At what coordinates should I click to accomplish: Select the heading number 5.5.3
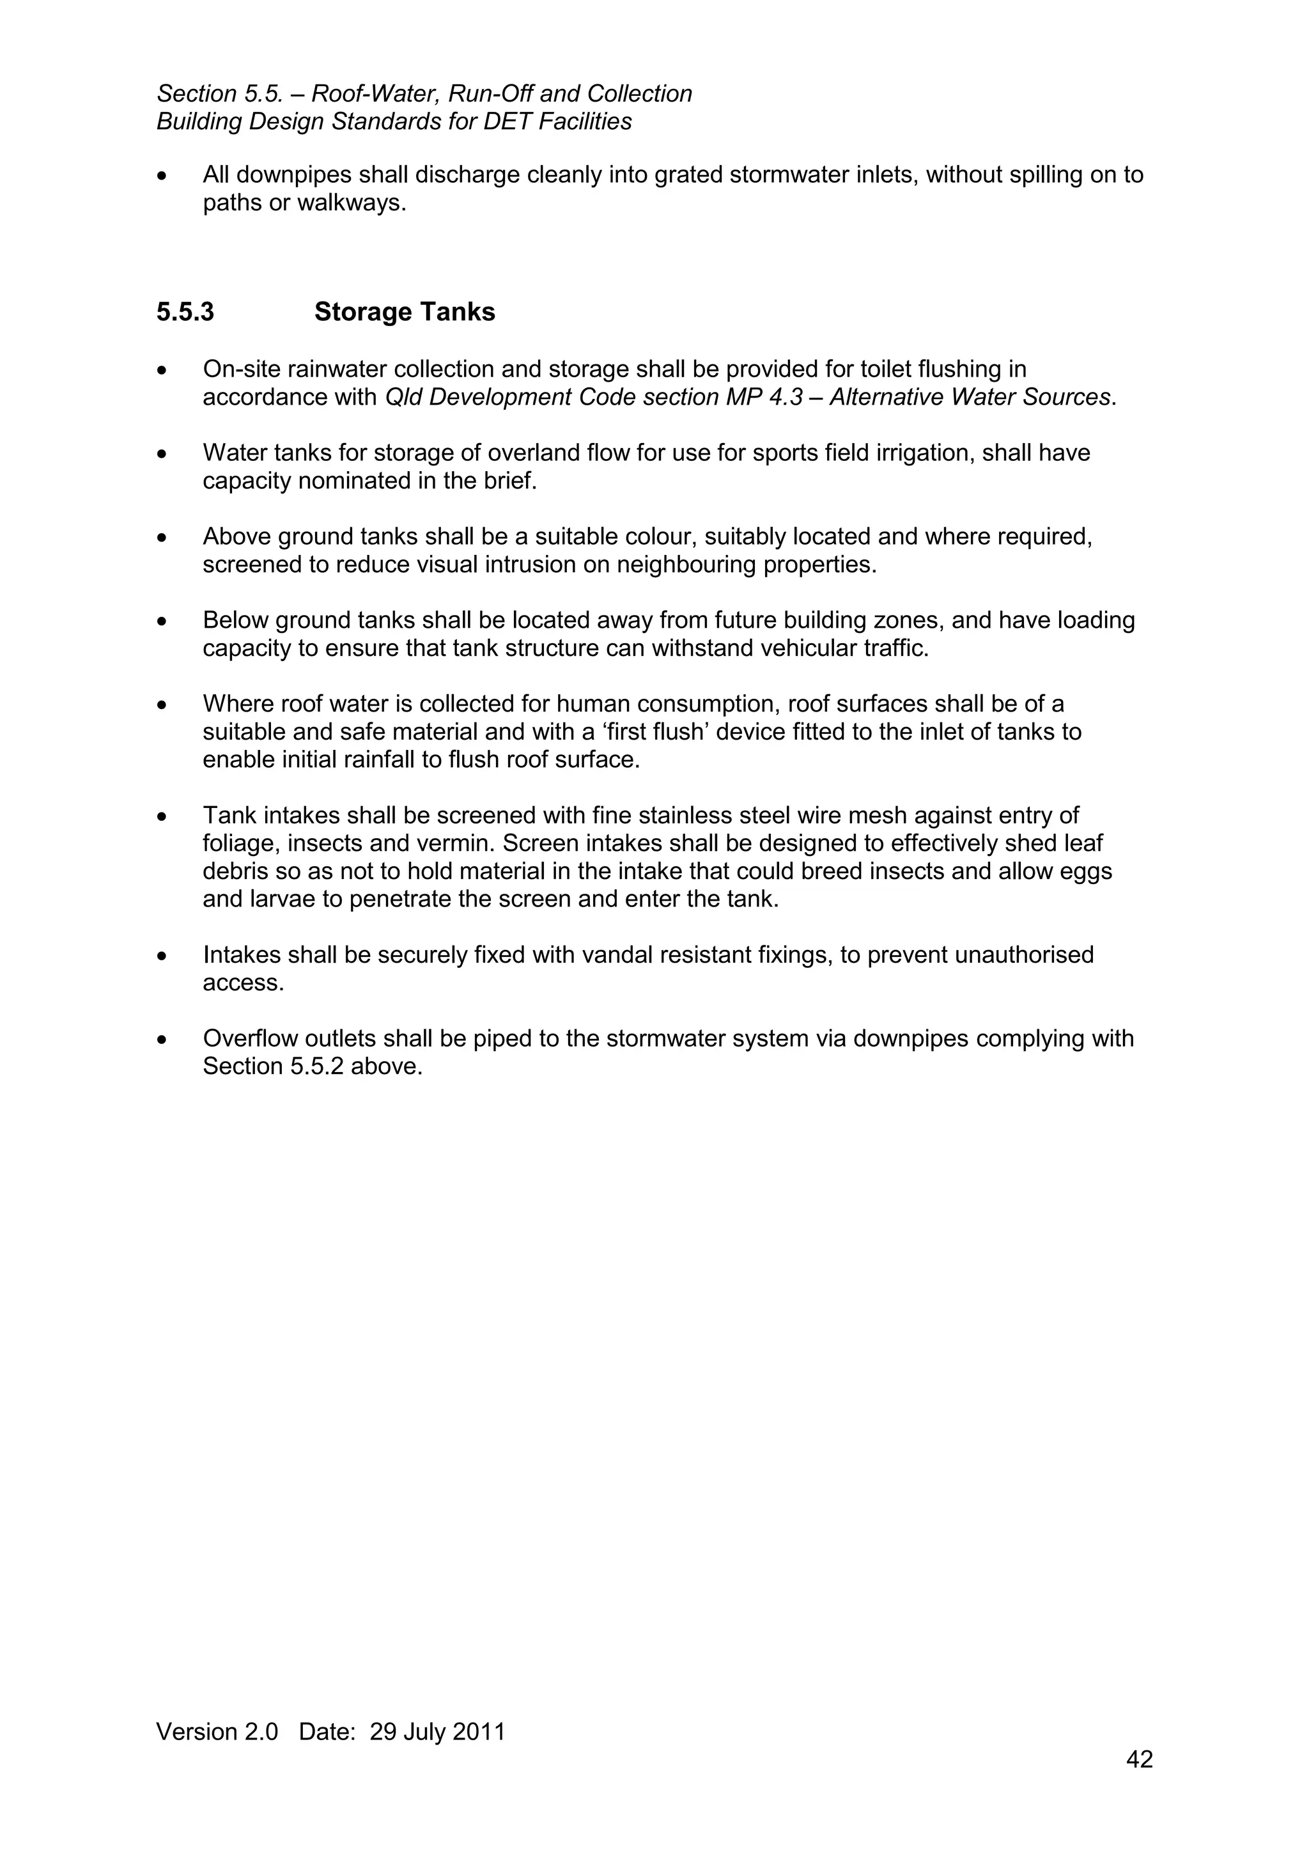(x=185, y=312)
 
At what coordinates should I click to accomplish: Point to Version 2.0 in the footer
(x=217, y=1731)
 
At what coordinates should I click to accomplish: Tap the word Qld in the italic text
(x=403, y=398)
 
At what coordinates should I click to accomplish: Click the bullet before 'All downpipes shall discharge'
(x=163, y=176)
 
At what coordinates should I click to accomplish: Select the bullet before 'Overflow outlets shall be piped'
(x=163, y=1039)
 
